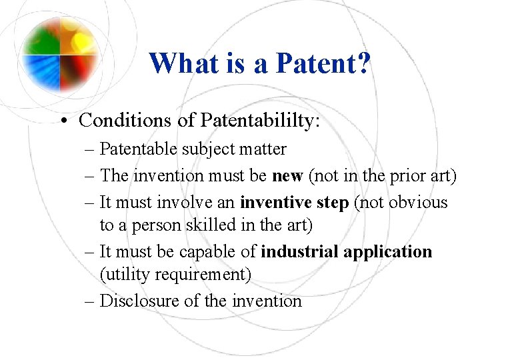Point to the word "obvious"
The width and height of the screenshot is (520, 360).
(x=418, y=202)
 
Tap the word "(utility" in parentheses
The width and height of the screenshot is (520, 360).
(x=126, y=275)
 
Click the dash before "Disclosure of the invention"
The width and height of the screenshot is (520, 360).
(x=91, y=301)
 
